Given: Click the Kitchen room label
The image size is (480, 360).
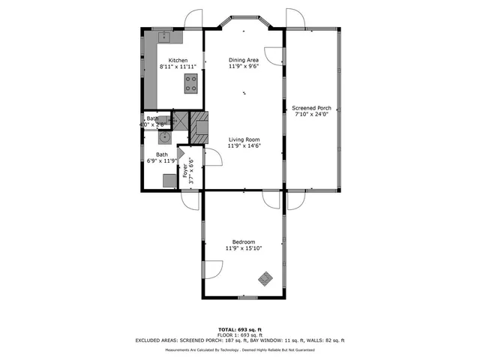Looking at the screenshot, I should [x=178, y=61].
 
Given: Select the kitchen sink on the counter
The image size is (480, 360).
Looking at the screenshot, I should [x=165, y=34].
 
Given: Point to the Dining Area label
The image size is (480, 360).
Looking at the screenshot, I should [x=244, y=60].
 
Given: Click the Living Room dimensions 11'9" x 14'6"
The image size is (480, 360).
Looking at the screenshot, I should [x=244, y=145].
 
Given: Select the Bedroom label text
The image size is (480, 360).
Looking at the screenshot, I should [x=244, y=241].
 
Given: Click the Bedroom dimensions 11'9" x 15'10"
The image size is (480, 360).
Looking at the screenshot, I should [x=244, y=248].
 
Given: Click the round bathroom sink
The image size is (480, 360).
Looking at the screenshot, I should [x=163, y=137].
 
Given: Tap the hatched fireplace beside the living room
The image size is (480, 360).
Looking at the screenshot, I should [x=199, y=128].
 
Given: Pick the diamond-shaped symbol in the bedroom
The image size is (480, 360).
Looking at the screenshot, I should [x=266, y=279].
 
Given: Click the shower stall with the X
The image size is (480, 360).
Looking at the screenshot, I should [x=181, y=118].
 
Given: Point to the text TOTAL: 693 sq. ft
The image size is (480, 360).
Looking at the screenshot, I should [x=239, y=329].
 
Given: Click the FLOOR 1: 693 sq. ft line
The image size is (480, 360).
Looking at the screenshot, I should [x=239, y=334].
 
